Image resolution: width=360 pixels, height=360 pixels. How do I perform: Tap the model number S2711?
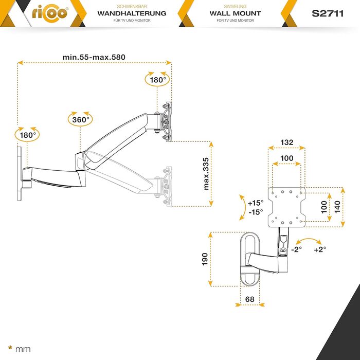(x=328, y=13)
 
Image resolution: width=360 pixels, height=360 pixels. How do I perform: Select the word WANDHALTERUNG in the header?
(x=132, y=13)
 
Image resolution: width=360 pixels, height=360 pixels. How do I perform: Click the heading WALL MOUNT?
(x=235, y=13)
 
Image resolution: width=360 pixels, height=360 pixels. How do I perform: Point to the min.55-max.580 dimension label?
(x=94, y=57)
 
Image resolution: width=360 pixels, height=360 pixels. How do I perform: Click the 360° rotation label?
(x=81, y=120)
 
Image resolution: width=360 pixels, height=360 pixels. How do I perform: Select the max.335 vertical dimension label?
(x=206, y=174)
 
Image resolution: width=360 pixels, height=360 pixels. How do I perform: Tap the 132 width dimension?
(x=287, y=142)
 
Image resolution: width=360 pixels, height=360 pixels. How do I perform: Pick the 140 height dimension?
(x=337, y=207)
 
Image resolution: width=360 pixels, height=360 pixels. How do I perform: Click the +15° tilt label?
(x=256, y=203)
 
